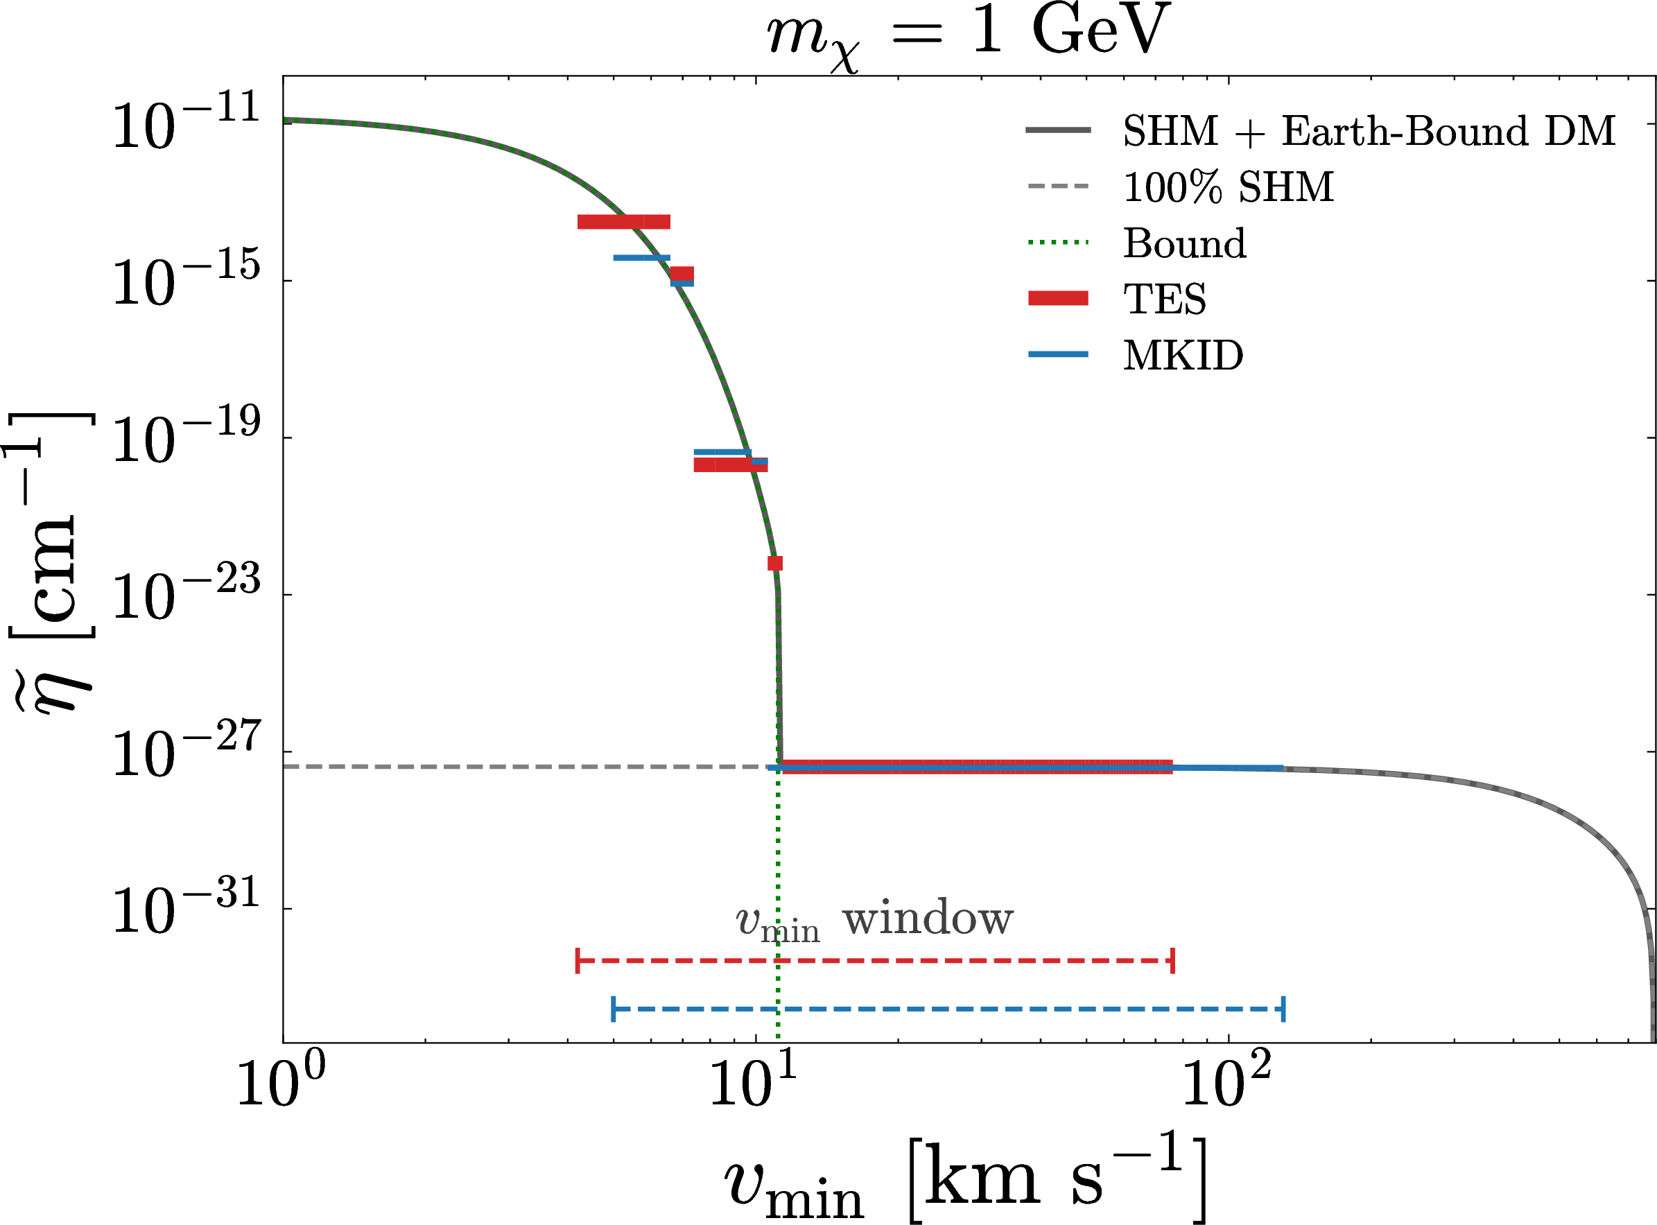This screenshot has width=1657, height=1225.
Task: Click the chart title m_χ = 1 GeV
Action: click(969, 35)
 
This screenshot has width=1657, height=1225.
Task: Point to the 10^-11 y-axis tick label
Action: click(186, 122)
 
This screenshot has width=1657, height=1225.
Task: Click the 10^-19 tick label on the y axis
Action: click(186, 437)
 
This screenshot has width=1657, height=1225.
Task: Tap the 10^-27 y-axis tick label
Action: click(186, 750)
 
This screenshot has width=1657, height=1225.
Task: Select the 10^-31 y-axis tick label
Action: click(186, 907)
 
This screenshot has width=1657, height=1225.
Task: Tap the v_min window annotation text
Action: click(875, 920)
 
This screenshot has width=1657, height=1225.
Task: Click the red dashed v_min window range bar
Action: click(875, 961)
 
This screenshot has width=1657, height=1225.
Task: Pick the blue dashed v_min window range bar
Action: click(948, 1009)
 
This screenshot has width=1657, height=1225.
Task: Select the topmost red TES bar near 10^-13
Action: click(623, 222)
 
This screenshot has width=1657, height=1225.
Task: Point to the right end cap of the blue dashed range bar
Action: click(1283, 1009)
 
